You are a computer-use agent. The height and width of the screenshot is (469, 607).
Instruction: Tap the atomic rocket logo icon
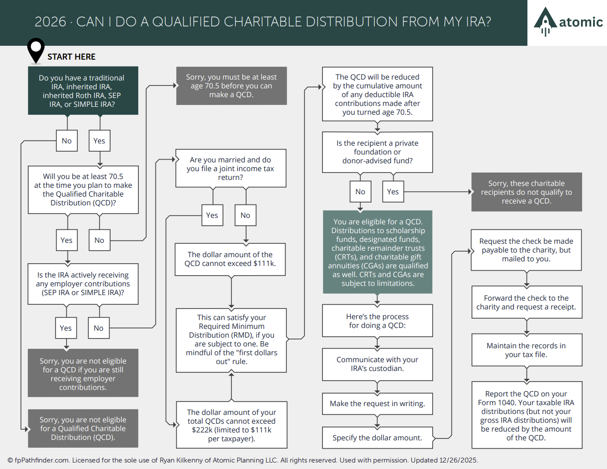[x=545, y=22]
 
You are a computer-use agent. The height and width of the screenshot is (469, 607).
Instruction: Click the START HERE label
[x=71, y=57]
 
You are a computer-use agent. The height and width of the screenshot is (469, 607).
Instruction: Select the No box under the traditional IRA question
[x=67, y=141]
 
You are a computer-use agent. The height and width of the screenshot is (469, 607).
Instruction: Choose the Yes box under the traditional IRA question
[x=99, y=141]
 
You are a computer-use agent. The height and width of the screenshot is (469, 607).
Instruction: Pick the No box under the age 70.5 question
[x=99, y=240]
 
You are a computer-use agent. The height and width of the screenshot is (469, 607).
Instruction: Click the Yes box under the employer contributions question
[x=66, y=328]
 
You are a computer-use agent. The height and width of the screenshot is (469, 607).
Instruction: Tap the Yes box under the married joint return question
[x=212, y=215]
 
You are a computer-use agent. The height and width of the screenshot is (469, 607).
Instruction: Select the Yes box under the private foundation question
[x=393, y=191]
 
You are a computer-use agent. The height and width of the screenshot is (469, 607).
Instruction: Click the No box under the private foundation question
[x=360, y=191]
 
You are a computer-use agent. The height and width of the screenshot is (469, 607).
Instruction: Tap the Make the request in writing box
[x=378, y=404]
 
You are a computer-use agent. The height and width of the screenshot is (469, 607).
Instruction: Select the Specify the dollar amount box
[x=378, y=438]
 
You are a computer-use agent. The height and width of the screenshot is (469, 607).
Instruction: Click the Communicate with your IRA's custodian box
[x=378, y=364]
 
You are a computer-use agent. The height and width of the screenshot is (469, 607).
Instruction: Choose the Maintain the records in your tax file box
[x=527, y=350]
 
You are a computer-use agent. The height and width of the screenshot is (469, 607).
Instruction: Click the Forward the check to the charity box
[x=527, y=302]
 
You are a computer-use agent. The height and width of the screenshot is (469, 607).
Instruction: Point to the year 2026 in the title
[x=50, y=22]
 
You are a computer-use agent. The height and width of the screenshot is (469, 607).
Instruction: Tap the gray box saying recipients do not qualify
[x=527, y=192]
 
